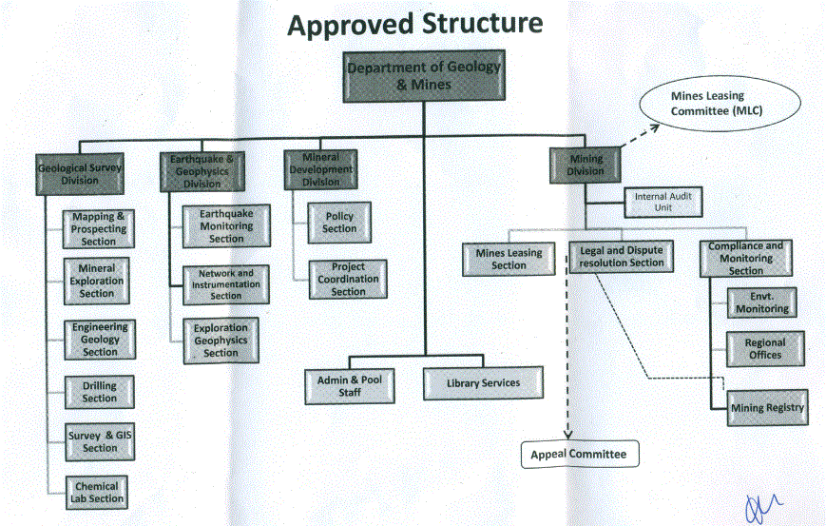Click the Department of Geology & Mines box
pos(424,76)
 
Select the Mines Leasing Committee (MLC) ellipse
pos(720,104)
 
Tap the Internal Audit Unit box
pos(663,202)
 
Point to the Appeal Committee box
pos(580,455)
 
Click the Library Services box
pos(483,383)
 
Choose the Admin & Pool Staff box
pos(349,386)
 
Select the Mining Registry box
pos(767,407)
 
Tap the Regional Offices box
pos(765,349)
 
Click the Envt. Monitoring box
pos(761,302)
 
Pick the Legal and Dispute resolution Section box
pos(621,257)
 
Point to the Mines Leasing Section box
pos(509,259)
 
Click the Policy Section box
pos(339,223)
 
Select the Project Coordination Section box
pos(348,280)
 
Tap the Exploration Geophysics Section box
pos(221,341)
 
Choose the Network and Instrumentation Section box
pos(226,284)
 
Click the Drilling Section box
pos(100,392)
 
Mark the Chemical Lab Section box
pos(97,493)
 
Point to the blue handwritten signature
pos(762,508)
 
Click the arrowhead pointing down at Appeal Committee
pos(567,435)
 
